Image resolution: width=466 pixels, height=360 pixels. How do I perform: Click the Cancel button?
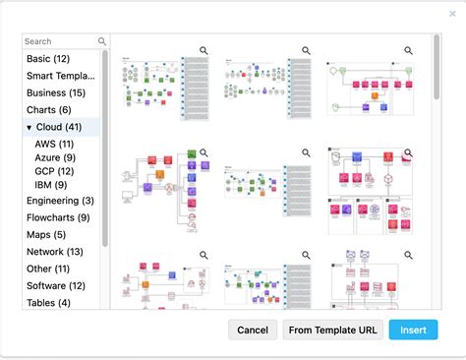tap(253, 330)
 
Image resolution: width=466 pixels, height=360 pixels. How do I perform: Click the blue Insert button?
tap(413, 330)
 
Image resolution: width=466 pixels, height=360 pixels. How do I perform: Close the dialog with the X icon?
tap(452, 14)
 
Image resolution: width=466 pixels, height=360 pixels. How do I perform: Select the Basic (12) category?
tap(47, 58)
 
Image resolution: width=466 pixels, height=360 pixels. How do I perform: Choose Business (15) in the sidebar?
tap(55, 92)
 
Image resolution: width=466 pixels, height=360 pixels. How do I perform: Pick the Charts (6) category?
tap(49, 110)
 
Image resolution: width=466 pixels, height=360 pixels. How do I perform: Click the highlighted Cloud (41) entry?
tap(61, 128)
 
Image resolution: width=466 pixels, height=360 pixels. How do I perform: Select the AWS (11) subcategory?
tap(53, 145)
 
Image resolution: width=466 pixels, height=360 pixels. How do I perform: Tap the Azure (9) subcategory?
tap(55, 157)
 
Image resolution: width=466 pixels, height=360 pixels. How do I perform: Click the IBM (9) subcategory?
tap(51, 184)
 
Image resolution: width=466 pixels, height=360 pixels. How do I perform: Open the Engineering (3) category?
tap(61, 201)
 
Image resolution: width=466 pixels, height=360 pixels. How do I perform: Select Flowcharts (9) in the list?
tap(58, 217)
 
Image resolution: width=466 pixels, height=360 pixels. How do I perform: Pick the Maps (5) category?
tap(47, 234)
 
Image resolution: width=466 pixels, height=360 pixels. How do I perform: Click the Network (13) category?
tap(55, 252)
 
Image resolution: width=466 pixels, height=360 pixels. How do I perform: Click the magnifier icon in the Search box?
tap(102, 41)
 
